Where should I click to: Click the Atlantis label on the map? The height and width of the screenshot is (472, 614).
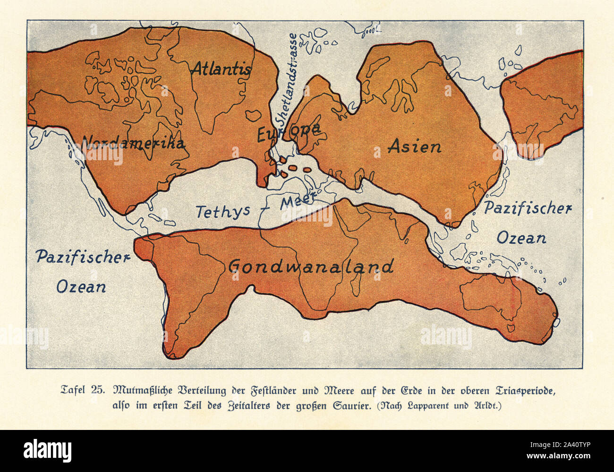tap(221, 69)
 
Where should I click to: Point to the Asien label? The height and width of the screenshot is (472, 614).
tap(415, 146)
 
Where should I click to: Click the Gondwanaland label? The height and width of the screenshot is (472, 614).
tap(311, 267)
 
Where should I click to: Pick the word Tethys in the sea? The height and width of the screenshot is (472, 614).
tap(222, 211)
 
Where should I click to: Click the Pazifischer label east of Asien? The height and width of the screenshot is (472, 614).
tap(528, 208)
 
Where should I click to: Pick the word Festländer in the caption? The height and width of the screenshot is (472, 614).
tap(255, 391)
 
